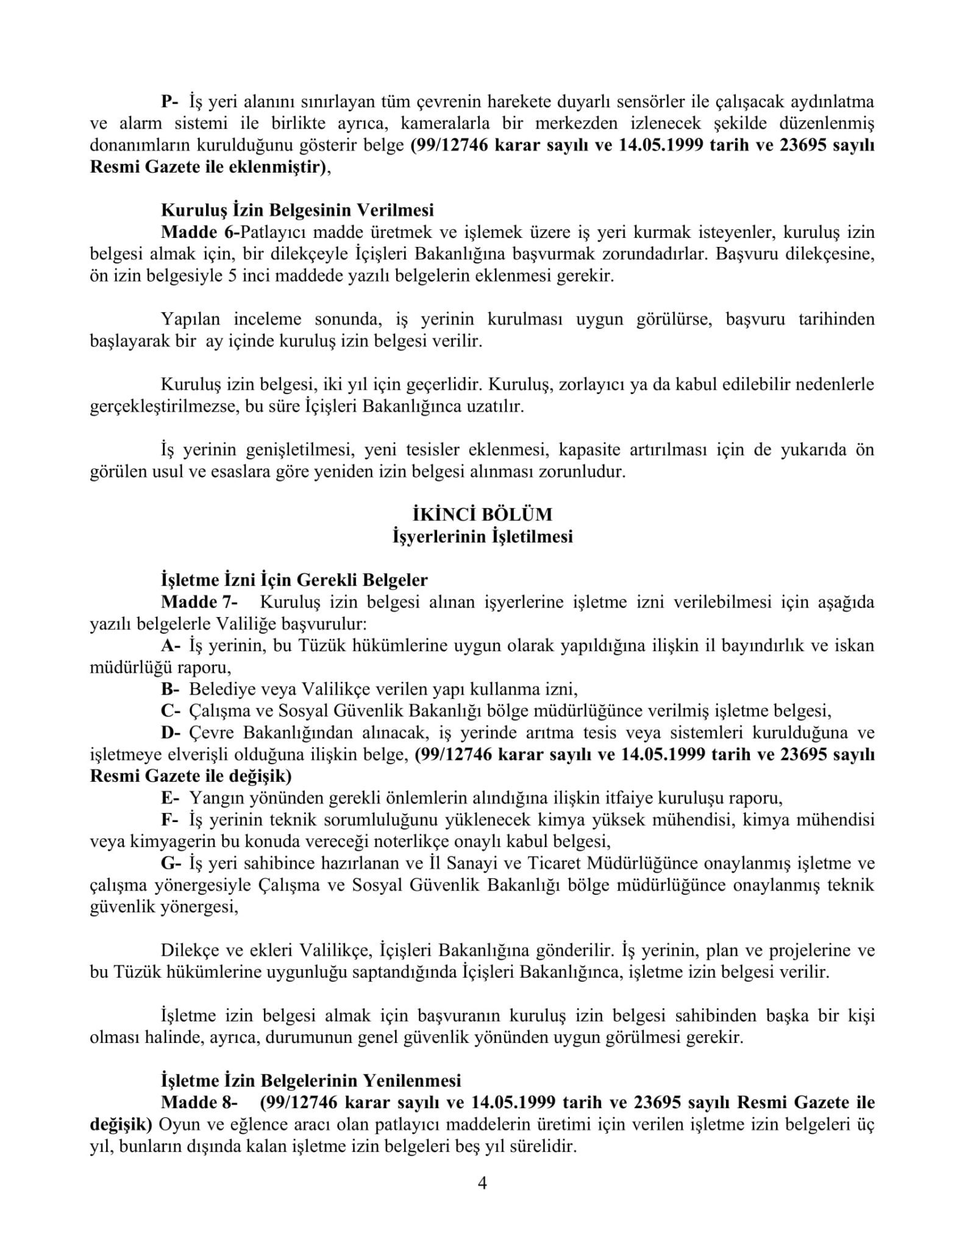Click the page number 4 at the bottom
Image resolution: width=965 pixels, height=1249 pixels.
[482, 1184]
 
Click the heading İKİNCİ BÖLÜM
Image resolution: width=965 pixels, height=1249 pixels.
[482, 515]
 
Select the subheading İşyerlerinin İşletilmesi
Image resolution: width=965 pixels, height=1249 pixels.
[482, 537]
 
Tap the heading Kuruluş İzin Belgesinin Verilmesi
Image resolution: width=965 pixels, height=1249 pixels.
[297, 210]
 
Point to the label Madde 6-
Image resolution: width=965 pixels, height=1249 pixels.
[201, 232]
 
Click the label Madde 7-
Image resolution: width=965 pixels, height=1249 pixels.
[199, 602]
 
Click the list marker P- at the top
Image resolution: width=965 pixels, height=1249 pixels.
[168, 101]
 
